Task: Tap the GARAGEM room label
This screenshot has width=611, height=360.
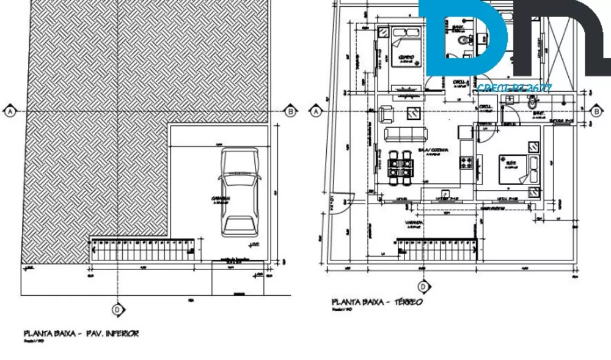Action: pos(221,199)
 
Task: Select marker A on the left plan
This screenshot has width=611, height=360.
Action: pos(10,111)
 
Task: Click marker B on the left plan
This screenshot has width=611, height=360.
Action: pos(291,111)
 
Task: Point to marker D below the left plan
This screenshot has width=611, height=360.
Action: pos(117,309)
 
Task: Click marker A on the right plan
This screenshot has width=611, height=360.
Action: pos(315,111)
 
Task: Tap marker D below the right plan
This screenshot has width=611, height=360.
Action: pos(423,286)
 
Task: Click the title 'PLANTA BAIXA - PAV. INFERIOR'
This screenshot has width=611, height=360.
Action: pos(81,334)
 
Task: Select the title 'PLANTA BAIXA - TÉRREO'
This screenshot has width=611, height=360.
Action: pos(377,302)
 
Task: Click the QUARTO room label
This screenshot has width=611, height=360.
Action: pos(406,57)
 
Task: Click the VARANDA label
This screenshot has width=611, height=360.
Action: pos(415,222)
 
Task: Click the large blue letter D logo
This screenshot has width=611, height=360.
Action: pos(464,37)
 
